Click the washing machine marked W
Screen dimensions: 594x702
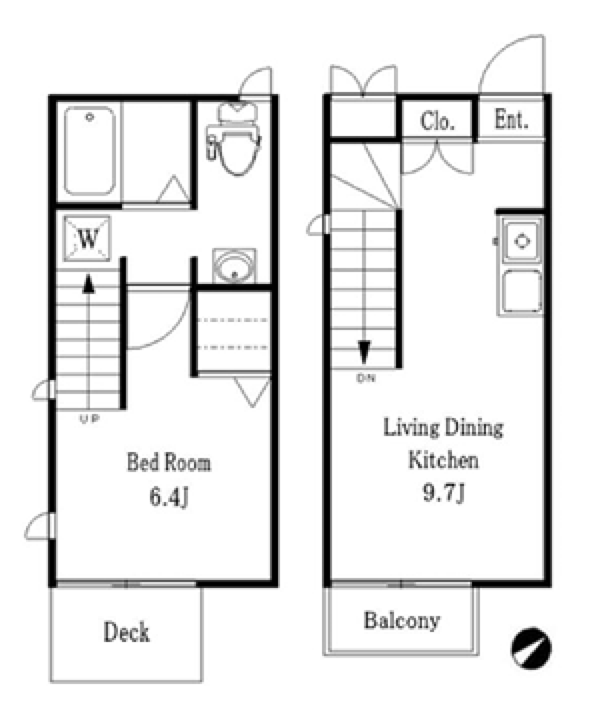pos(87,239)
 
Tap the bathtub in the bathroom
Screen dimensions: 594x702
pos(90,151)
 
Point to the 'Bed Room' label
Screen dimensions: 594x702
pos(169,462)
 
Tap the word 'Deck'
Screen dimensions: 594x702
pos(126,631)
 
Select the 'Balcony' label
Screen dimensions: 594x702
pos(402,621)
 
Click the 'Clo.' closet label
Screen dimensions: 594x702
pos(437,121)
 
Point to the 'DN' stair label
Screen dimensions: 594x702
pos(366,378)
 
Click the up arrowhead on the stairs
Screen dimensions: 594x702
pos(89,284)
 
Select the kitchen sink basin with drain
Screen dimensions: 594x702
pos(522,241)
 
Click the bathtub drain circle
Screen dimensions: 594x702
pos(90,117)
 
